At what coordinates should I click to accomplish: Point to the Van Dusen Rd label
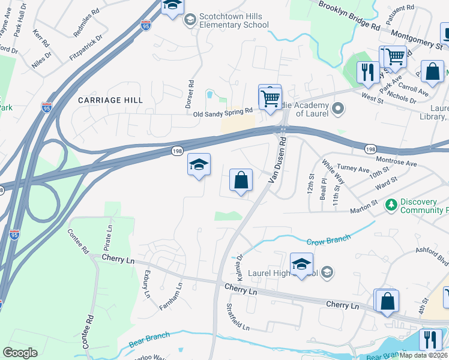click(279, 160)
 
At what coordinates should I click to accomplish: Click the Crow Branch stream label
click(328, 240)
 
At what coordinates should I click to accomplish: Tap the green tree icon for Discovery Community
click(391, 205)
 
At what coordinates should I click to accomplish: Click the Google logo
click(20, 353)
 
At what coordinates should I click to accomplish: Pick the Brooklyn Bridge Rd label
click(349, 17)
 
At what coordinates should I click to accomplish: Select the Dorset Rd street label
click(190, 95)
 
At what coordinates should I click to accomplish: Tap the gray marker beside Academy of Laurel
click(338, 109)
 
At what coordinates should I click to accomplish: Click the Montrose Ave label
click(396, 162)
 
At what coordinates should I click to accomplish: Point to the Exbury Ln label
click(146, 284)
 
